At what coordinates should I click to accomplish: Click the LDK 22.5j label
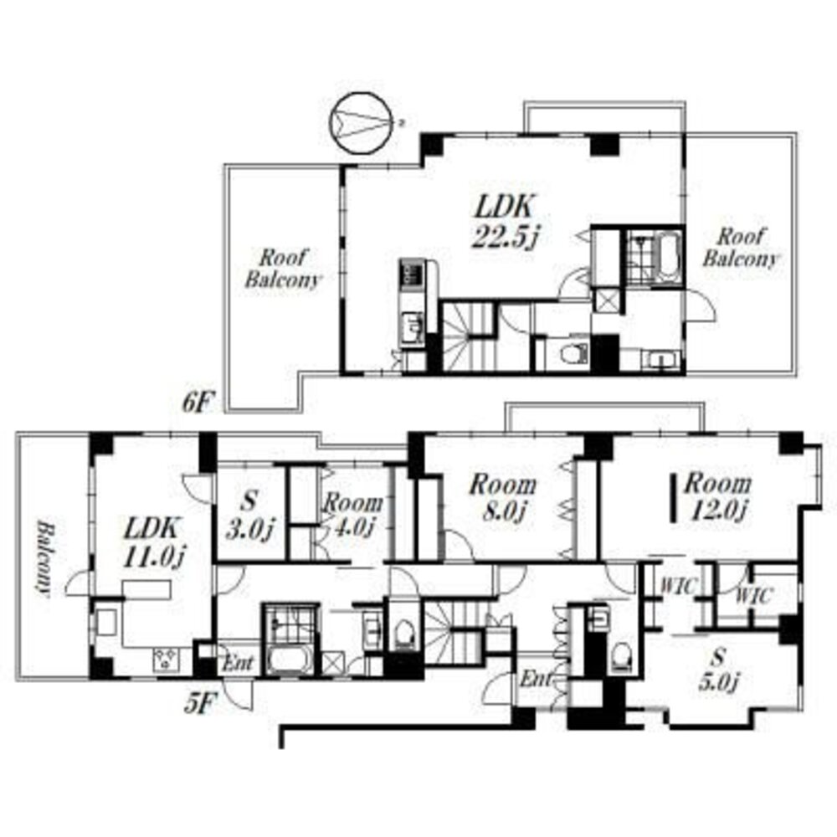[505, 222]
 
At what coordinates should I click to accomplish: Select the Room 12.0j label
[717, 496]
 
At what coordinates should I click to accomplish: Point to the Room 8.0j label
[503, 497]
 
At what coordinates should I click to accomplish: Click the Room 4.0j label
[352, 515]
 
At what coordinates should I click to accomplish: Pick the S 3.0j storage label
[249, 516]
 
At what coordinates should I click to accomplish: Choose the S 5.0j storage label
[719, 670]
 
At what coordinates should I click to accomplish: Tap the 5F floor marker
[198, 705]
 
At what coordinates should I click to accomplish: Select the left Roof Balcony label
[283, 269]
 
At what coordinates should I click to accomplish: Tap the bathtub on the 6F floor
[667, 257]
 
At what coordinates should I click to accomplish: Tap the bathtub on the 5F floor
[290, 661]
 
